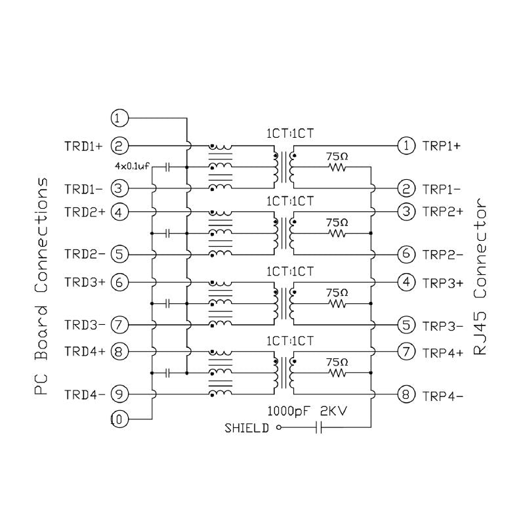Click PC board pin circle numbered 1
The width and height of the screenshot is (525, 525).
point(119,118)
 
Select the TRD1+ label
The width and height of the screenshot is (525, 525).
point(83,145)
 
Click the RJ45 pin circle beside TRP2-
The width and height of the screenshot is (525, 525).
point(406,253)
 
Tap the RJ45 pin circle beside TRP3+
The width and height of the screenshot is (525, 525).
point(406,282)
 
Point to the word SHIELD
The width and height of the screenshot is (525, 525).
point(247,429)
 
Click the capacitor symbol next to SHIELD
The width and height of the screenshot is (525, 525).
point(319,429)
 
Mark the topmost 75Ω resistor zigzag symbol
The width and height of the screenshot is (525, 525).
point(337,168)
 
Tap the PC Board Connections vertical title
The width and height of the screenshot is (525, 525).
point(41,285)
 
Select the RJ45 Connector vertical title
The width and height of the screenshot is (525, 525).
point(482,276)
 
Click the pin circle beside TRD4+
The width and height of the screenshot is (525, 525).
point(119,352)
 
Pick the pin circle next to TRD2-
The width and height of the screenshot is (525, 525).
point(119,253)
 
